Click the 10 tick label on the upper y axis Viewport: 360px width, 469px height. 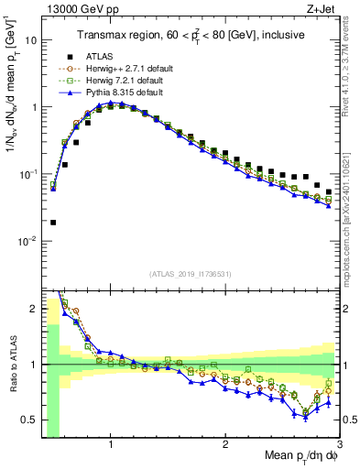30,40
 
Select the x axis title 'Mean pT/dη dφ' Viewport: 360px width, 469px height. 301,457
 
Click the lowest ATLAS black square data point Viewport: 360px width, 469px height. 53,223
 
